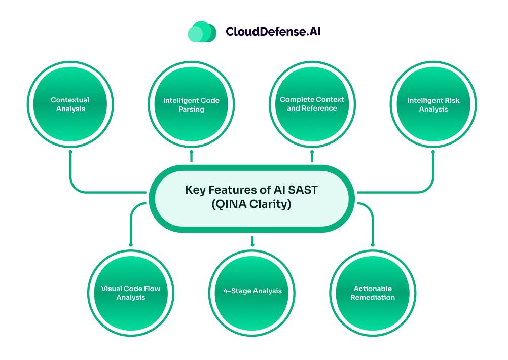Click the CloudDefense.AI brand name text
273,32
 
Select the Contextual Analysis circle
70,104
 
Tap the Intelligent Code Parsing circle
191,104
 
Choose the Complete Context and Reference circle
312,103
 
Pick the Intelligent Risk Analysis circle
433,104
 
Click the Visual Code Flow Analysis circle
131,293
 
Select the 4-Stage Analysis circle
252,291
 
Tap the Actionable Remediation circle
374,293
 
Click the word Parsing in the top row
191,110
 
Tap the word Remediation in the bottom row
374,297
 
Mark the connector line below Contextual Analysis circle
70,172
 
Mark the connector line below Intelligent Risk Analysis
433,172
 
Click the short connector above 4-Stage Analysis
252,241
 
